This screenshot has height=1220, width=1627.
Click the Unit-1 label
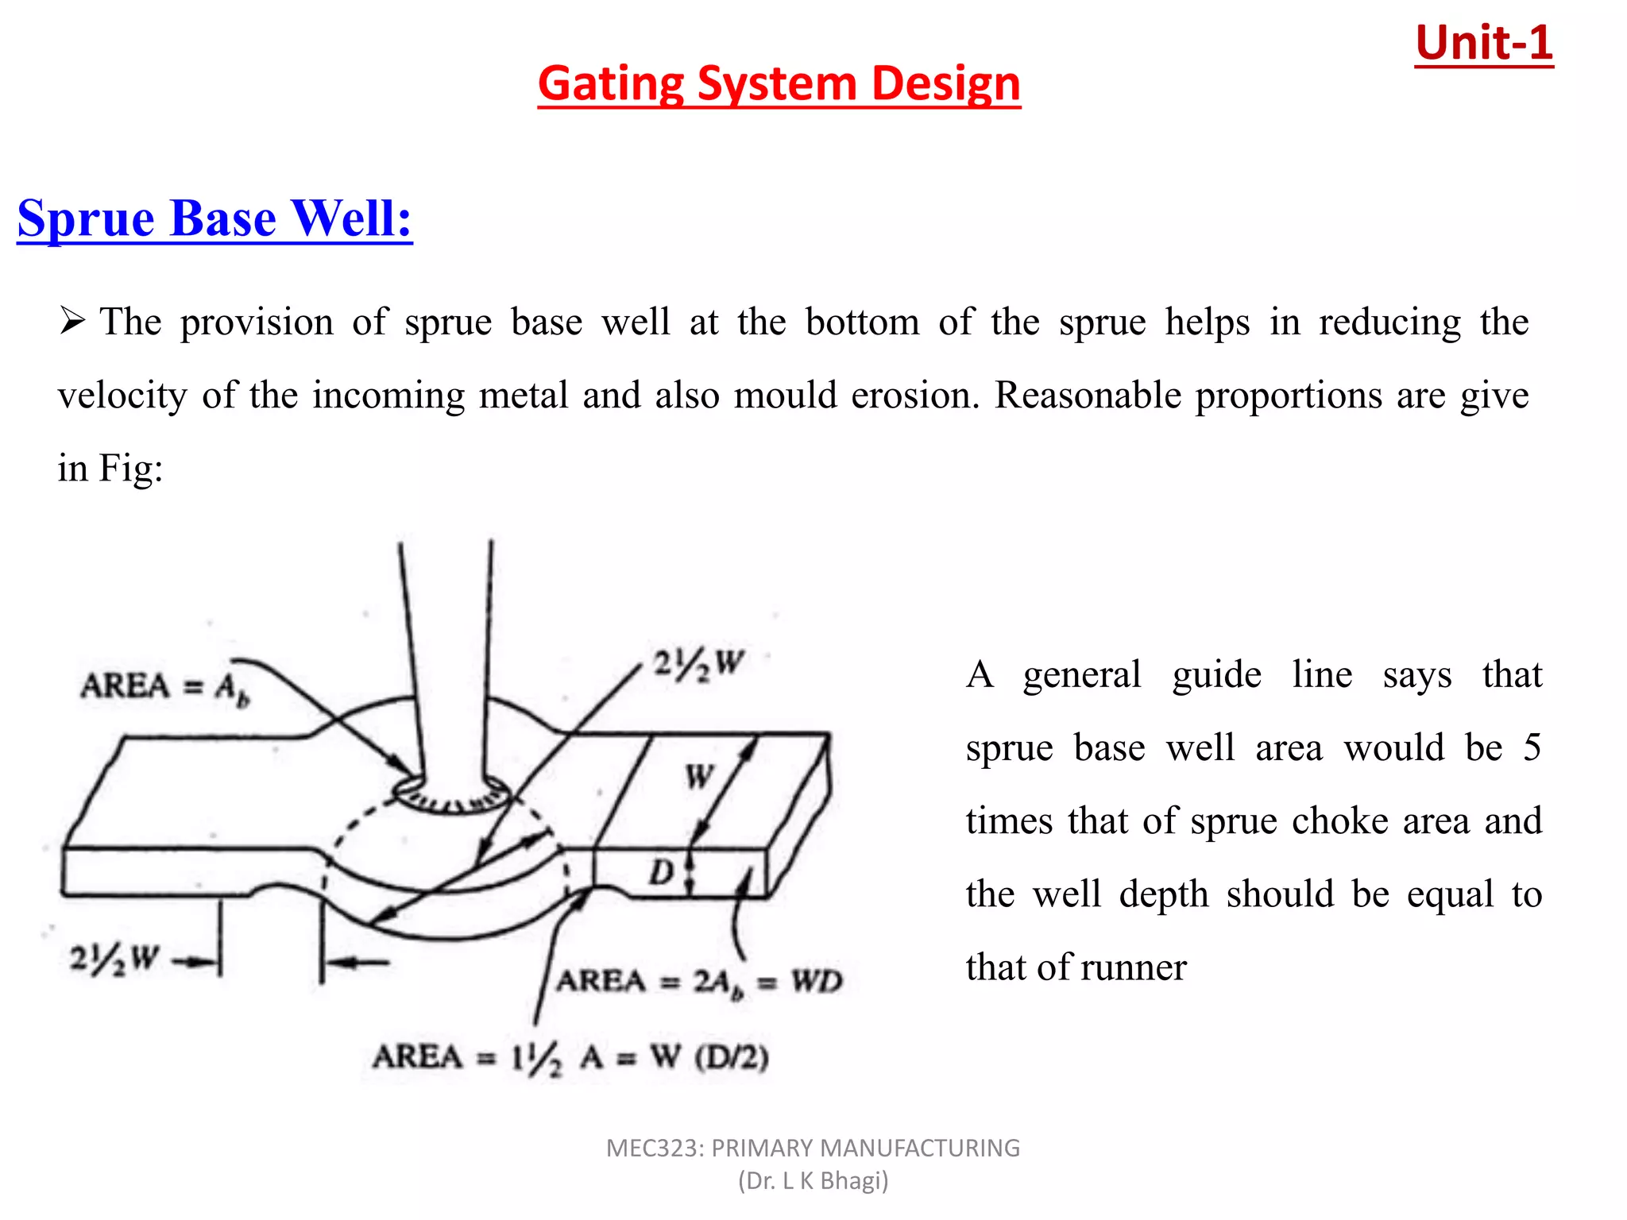pos(1483,43)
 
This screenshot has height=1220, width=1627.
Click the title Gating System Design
pos(779,83)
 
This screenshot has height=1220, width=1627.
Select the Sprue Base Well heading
pos(214,218)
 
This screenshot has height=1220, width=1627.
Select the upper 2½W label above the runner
pos(698,663)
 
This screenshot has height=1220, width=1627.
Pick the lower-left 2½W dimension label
pos(114,959)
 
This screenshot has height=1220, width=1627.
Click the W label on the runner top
pos(700,776)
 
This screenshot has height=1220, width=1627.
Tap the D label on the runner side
pos(661,872)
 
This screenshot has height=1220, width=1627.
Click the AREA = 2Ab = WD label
pos(698,982)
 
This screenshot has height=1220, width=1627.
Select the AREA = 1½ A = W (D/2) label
pos(570,1057)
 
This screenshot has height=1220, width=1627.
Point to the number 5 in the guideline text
pos(1532,747)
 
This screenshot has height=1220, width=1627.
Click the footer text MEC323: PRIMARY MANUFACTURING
pos(813,1148)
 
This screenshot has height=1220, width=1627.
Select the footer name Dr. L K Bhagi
pos(813,1181)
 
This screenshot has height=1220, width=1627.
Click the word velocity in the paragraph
pos(122,395)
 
